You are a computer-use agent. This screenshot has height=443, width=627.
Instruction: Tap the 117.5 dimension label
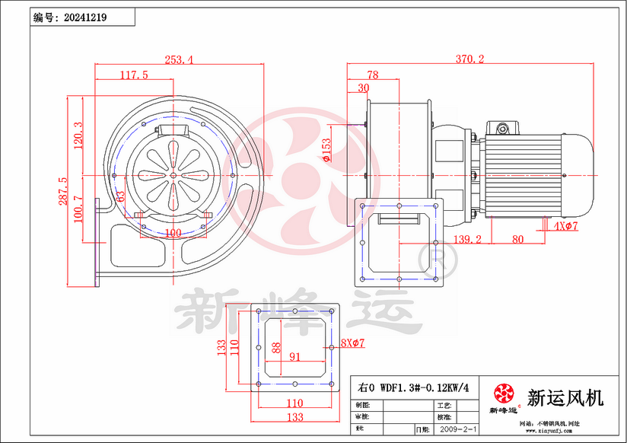[x=134, y=75]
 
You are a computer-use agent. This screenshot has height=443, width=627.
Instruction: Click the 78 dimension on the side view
[x=373, y=75]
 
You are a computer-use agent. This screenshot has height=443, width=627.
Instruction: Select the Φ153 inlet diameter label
[x=326, y=150]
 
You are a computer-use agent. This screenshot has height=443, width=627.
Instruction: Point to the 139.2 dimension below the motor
[x=468, y=239]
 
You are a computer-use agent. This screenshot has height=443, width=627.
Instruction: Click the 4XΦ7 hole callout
[x=567, y=227]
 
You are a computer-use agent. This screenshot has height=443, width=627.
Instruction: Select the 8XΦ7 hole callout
[x=354, y=344]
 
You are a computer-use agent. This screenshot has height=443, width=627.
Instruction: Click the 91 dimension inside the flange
[x=294, y=355]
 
